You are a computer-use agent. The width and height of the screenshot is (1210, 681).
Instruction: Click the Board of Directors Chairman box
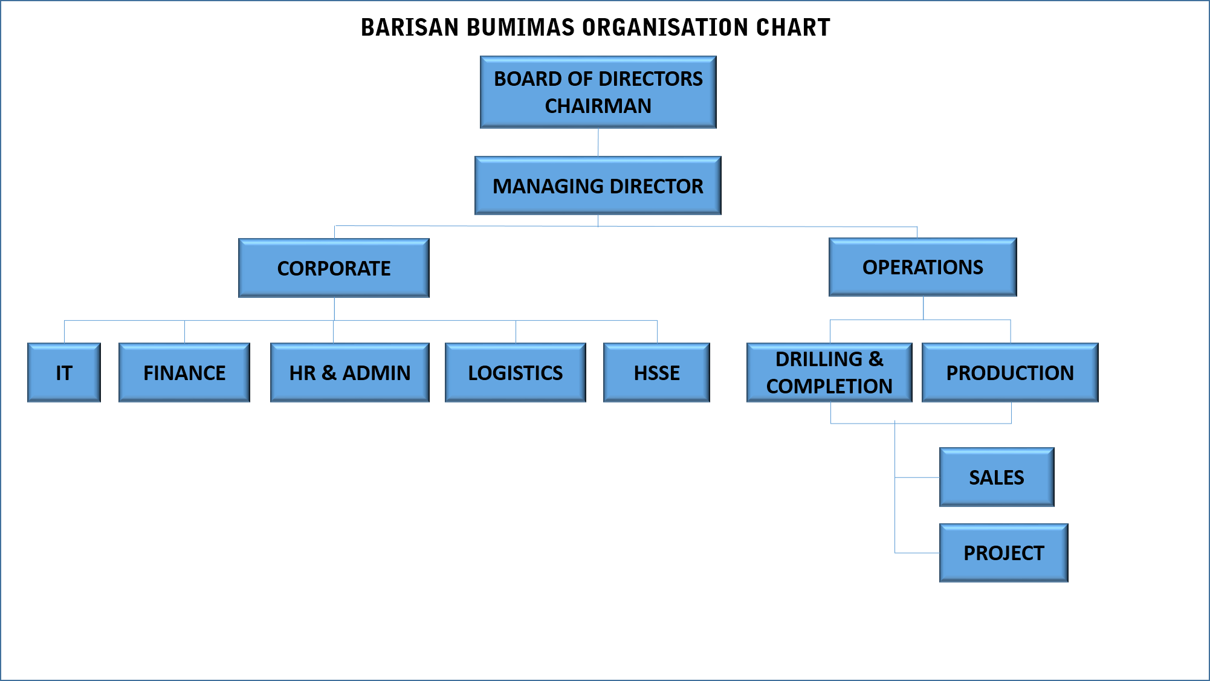tap(598, 92)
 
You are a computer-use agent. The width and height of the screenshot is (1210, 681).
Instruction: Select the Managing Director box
tap(598, 186)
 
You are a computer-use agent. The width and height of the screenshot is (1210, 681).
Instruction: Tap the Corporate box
tap(334, 268)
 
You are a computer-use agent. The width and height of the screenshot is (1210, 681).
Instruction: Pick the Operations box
tap(923, 267)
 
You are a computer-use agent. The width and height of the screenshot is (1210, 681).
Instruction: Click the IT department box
tap(64, 372)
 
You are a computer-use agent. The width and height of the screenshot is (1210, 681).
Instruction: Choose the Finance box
tap(184, 372)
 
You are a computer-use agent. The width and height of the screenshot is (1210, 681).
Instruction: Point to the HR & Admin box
tap(350, 372)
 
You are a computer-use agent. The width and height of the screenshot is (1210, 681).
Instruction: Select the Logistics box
tap(516, 372)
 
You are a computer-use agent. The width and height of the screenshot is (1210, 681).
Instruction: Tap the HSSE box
tap(656, 372)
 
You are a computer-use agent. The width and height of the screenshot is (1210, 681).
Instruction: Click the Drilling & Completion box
tap(829, 372)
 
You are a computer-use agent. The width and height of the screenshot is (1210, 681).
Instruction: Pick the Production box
tap(1010, 372)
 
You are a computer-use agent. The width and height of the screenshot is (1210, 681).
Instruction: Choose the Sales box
tap(997, 477)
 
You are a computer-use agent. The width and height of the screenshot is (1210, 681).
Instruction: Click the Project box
tap(1004, 553)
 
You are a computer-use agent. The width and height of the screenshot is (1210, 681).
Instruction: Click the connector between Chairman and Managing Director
tap(598, 143)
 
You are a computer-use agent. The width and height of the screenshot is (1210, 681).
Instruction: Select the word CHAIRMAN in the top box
tap(598, 106)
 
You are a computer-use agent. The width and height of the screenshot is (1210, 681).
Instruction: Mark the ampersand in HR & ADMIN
tap(329, 373)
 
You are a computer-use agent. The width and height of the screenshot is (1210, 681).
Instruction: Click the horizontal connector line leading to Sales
tap(917, 477)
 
